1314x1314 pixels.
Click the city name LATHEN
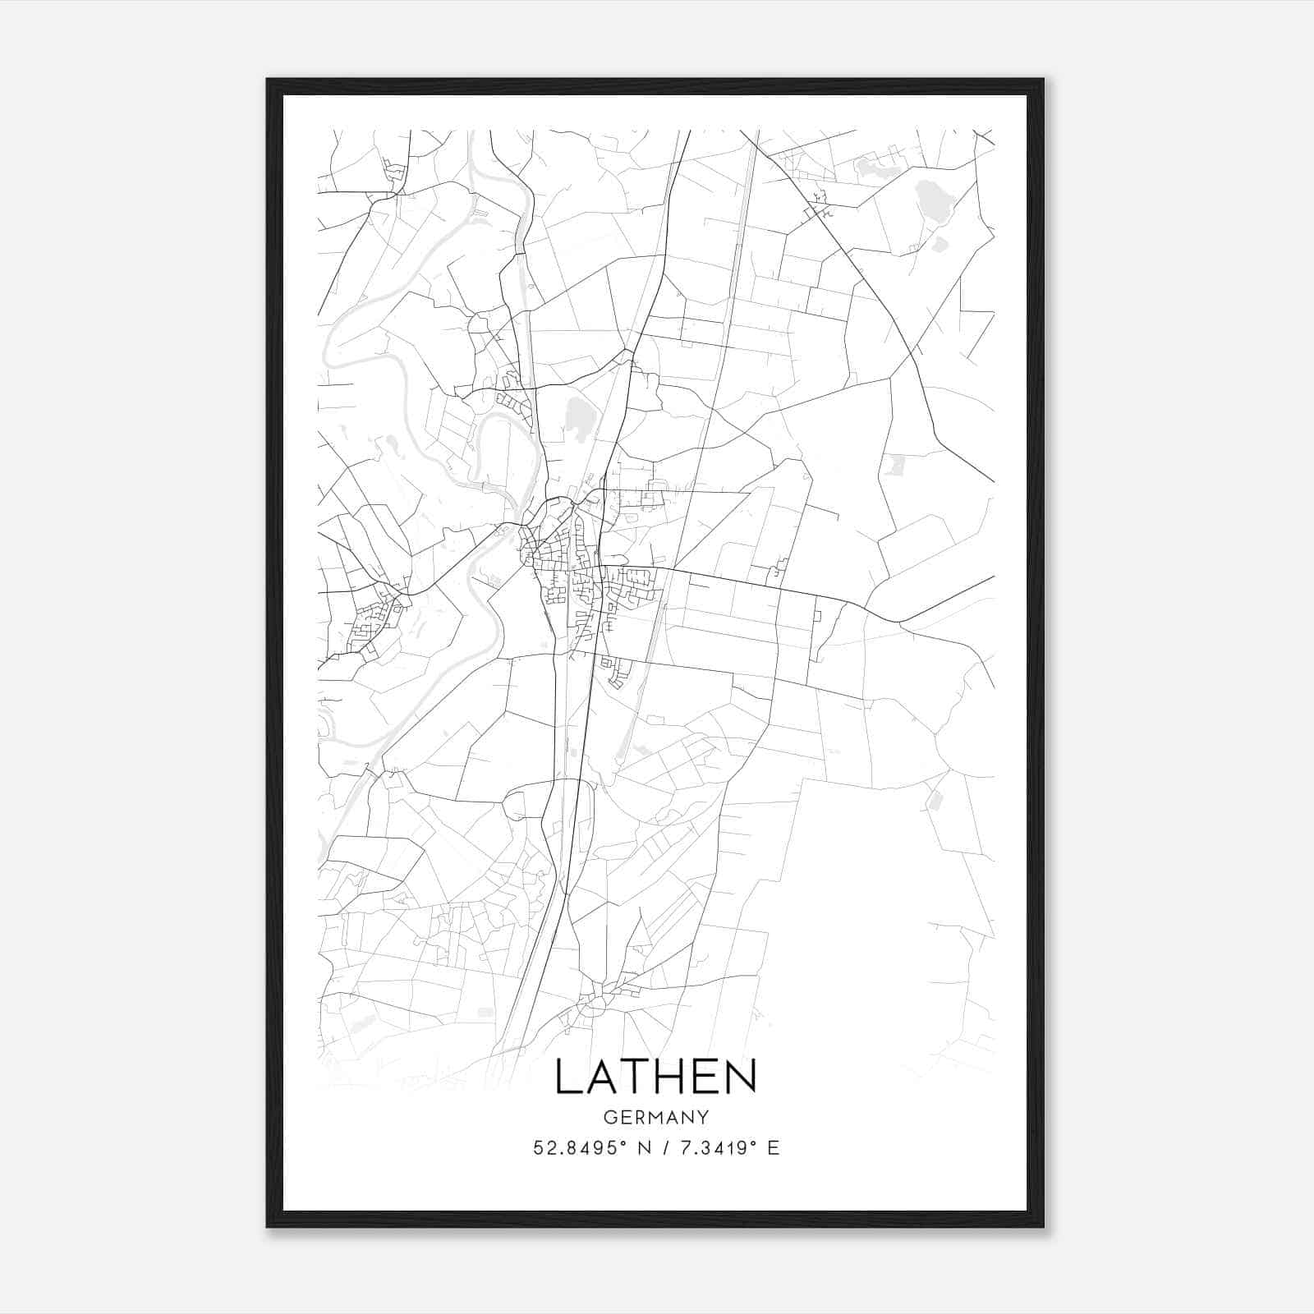tap(655, 1077)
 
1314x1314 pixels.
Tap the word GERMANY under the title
tap(655, 1117)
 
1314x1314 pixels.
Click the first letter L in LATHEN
tap(567, 1077)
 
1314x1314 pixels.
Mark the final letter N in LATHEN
tap(741, 1077)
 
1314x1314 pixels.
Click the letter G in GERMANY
tap(609, 1117)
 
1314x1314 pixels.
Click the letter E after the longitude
tap(773, 1148)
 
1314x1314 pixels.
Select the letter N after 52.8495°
tap(644, 1148)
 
